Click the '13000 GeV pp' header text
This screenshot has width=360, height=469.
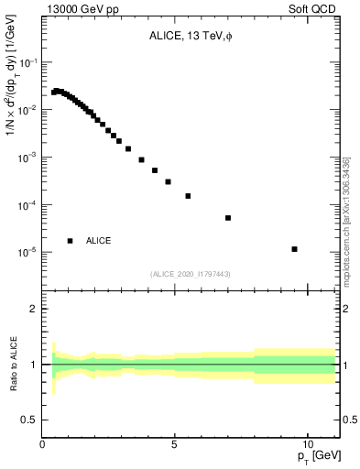pyautogui.click(x=84, y=10)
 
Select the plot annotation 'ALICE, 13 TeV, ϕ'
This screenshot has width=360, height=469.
pyautogui.click(x=191, y=38)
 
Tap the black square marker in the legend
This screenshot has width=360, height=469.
pyautogui.click(x=71, y=240)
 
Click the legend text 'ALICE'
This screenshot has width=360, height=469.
pyautogui.click(x=99, y=241)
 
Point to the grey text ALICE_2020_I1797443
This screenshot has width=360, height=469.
pyautogui.click(x=191, y=274)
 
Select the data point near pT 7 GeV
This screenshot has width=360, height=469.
pyautogui.click(x=228, y=218)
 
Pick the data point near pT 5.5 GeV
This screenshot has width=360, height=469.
pyautogui.click(x=188, y=196)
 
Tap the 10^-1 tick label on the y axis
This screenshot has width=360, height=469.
pyautogui.click(x=27, y=63)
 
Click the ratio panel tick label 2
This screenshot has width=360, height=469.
pyautogui.click(x=34, y=309)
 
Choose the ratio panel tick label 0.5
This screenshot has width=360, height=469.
pyautogui.click(x=29, y=420)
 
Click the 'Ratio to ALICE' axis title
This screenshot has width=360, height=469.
pyautogui.click(x=12, y=364)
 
